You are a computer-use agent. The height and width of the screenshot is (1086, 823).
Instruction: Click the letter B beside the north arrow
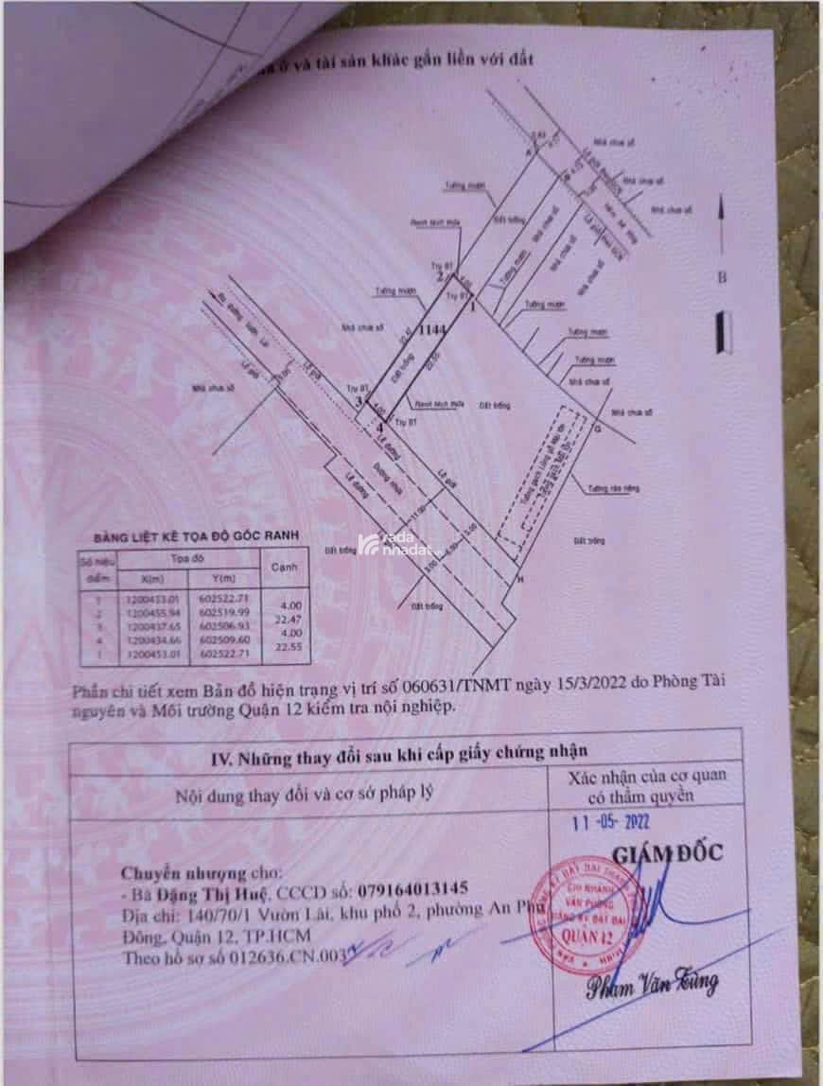click(722, 278)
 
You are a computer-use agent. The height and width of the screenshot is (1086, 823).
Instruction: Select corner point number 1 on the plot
click(471, 306)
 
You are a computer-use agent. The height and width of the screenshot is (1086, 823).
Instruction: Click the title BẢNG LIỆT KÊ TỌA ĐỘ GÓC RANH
click(196, 536)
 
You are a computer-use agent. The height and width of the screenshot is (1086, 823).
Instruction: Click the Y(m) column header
click(224, 578)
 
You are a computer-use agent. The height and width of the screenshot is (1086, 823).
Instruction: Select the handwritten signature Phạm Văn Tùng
click(654, 988)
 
